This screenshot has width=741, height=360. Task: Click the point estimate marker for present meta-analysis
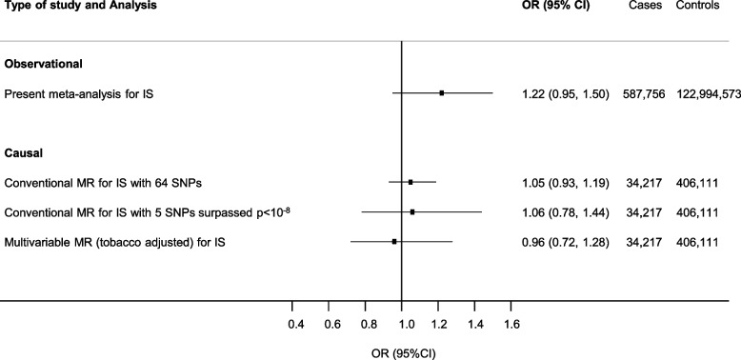point(442,93)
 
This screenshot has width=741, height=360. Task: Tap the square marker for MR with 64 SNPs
point(411,181)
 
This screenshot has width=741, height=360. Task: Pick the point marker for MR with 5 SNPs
point(412,211)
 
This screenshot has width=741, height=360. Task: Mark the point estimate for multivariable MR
point(394,242)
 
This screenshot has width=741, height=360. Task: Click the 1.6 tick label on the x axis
point(511,326)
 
